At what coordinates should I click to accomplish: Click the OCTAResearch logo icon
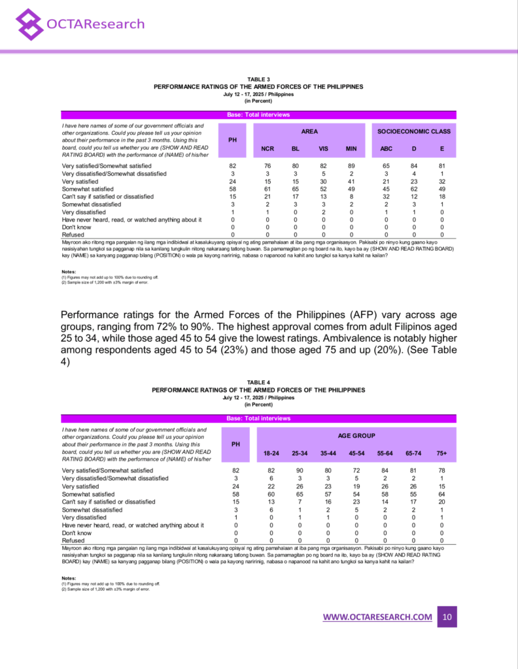(29, 24)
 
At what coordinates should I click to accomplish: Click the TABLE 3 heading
(258, 80)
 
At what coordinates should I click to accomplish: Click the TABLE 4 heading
(258, 383)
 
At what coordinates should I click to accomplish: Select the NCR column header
(268, 148)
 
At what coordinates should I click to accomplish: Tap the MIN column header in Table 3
(351, 148)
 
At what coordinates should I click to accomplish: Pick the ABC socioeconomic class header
(387, 148)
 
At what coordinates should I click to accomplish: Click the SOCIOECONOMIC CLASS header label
(414, 131)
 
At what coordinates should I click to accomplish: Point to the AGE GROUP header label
(356, 435)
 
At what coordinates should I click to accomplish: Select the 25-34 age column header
(300, 453)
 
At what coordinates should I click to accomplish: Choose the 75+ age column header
(442, 453)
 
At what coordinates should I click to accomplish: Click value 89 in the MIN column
(351, 166)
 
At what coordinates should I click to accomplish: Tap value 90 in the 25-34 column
(300, 470)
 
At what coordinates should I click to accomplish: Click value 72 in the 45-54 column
(356, 470)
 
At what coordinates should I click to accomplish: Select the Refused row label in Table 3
(73, 235)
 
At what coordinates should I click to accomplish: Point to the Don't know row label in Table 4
(77, 532)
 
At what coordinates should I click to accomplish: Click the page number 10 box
(447, 617)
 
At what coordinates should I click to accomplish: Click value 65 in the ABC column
(387, 166)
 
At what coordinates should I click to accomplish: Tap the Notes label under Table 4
(69, 578)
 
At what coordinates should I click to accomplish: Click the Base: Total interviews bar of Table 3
(258, 115)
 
